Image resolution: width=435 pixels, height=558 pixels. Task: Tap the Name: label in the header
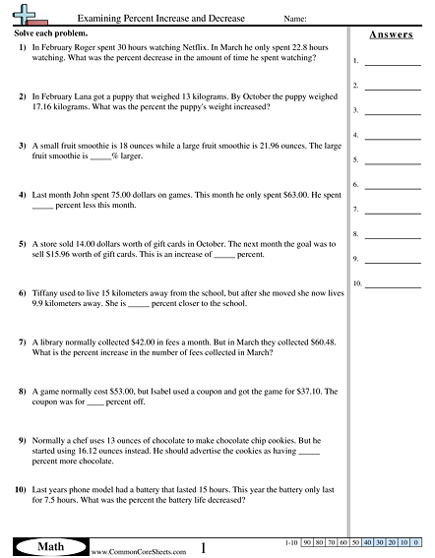coord(295,20)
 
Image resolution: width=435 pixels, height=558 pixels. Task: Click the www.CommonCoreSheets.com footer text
coord(126,552)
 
